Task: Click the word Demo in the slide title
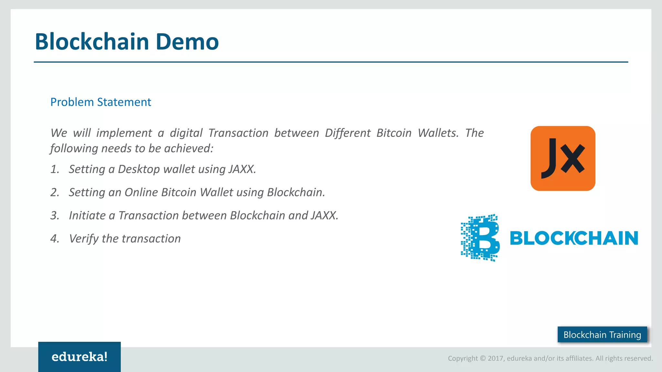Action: (x=187, y=42)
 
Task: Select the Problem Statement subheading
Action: (x=101, y=102)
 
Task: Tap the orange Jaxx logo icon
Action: (x=563, y=158)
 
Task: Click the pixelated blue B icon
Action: (x=480, y=238)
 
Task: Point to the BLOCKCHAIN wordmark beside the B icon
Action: (x=574, y=238)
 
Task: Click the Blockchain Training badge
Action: (x=602, y=335)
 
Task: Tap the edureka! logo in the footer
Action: (x=80, y=357)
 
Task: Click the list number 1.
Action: (x=55, y=169)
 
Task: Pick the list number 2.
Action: (x=55, y=192)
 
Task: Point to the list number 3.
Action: (x=55, y=216)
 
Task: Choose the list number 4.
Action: (x=55, y=239)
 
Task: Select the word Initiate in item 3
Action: (x=87, y=216)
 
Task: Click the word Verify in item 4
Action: (x=84, y=239)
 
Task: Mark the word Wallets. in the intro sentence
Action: (x=438, y=133)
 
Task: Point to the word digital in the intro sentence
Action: (x=186, y=133)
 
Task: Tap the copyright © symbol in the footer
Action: (x=483, y=358)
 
